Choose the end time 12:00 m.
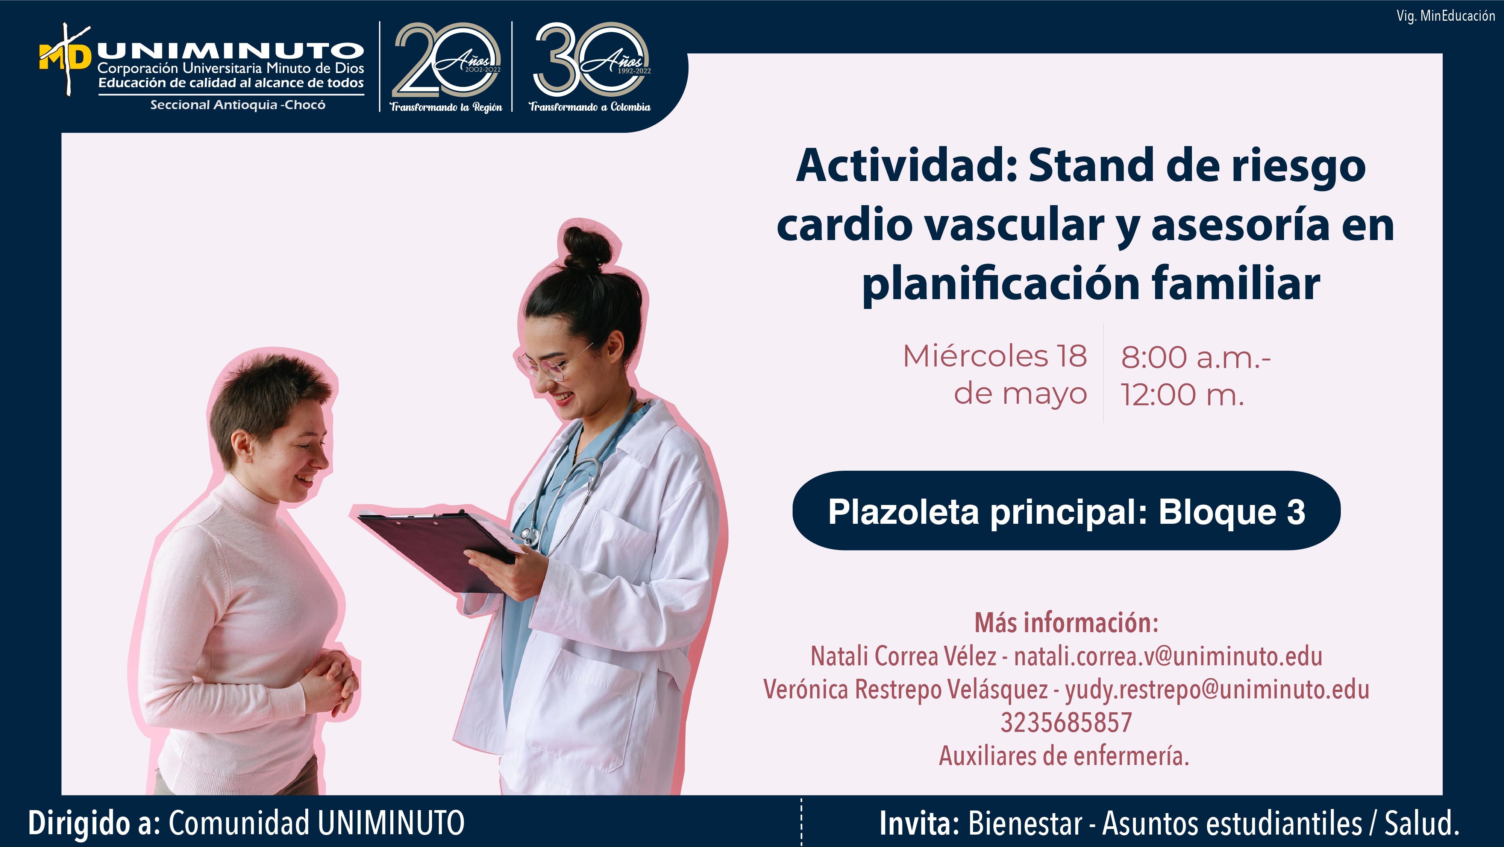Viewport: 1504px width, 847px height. [x=1182, y=395]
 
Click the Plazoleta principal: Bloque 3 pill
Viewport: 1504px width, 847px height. [x=1066, y=511]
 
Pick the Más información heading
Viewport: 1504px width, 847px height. [x=1066, y=623]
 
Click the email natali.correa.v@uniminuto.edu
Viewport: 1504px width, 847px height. [x=1168, y=657]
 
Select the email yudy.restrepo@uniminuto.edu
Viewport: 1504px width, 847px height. [x=1217, y=690]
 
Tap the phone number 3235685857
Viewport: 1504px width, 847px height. [x=1066, y=722]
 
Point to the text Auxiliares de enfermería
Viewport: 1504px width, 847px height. [x=1064, y=756]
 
